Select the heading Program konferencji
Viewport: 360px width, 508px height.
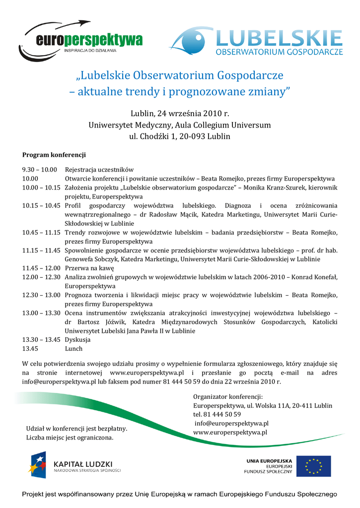54,155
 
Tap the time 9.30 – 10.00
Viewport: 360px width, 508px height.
40,170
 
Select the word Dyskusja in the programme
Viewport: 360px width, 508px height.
77,340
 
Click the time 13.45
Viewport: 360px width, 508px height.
30,349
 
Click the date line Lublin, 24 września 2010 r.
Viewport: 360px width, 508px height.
180,114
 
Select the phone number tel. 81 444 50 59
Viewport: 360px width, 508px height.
217,414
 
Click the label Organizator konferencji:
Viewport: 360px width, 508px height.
227,396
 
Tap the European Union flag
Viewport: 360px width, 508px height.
314,466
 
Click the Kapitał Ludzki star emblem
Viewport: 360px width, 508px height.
37,465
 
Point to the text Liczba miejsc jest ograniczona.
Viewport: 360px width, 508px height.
70,438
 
